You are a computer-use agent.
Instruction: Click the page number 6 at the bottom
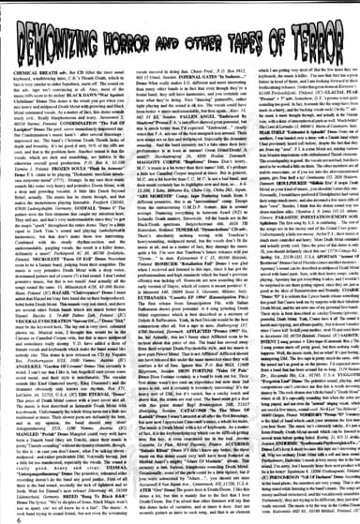tap(7, 515)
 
